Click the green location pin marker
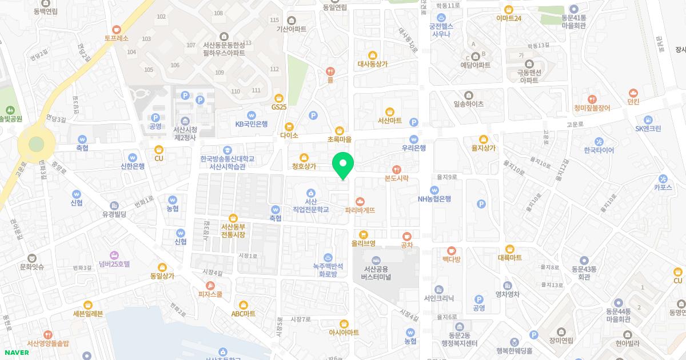(x=343, y=164)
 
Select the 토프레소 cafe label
(x=117, y=38)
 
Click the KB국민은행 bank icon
(x=252, y=114)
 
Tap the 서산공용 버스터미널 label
(x=376, y=273)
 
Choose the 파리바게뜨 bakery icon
(x=360, y=201)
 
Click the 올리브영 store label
(x=363, y=244)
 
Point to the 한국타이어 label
(x=599, y=150)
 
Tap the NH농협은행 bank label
(x=434, y=199)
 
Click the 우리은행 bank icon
(x=414, y=139)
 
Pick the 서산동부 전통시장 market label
(x=233, y=230)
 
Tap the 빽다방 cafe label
(x=451, y=259)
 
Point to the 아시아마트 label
(x=344, y=332)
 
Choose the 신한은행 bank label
(x=133, y=166)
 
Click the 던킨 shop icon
(x=633, y=102)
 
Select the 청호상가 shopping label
(x=304, y=166)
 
